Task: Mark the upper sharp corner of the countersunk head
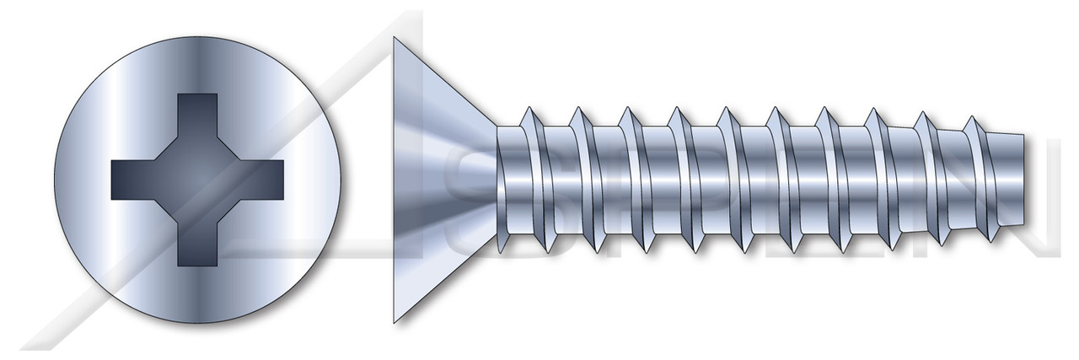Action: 395,38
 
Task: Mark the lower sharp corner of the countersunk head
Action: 395,321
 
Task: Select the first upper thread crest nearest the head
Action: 529,110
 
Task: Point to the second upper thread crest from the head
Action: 578,110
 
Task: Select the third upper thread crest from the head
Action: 627,110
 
